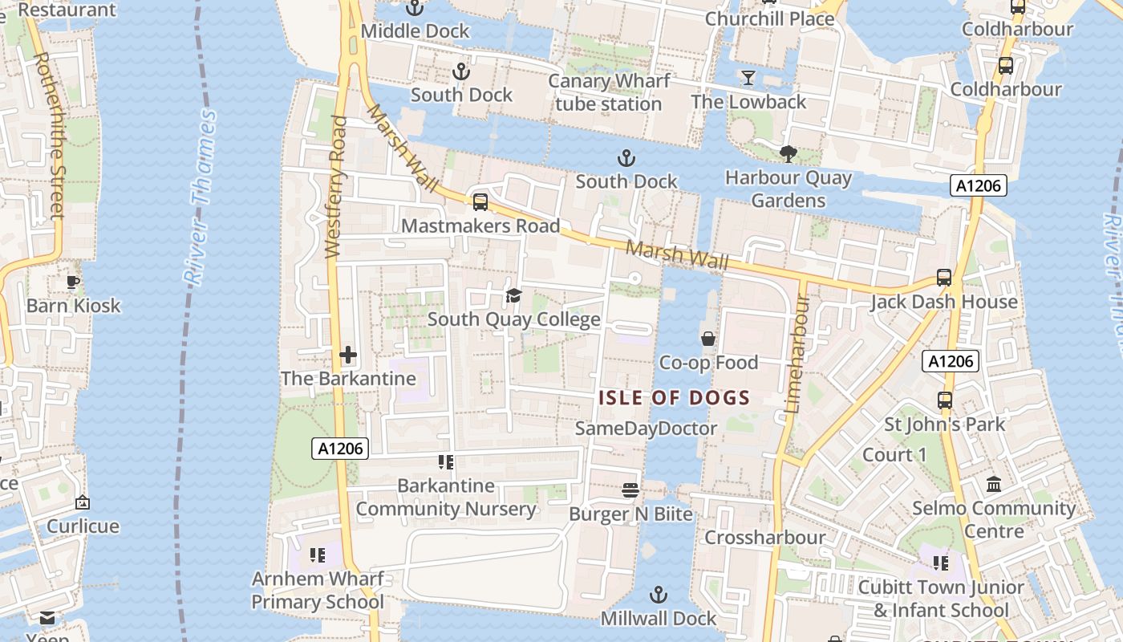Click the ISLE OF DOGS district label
(x=675, y=397)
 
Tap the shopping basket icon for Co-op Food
(x=707, y=339)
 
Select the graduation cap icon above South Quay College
(x=513, y=296)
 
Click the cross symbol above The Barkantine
(x=348, y=355)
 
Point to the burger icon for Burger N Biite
(x=630, y=490)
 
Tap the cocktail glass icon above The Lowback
(x=748, y=78)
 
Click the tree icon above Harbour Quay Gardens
(x=789, y=153)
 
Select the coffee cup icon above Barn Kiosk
(x=73, y=282)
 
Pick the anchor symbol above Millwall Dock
(x=658, y=595)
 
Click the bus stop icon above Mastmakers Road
(x=480, y=202)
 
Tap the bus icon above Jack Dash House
(x=944, y=278)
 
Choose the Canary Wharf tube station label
(x=609, y=92)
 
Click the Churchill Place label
(x=769, y=18)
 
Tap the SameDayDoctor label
(x=646, y=429)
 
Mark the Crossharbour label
(x=764, y=537)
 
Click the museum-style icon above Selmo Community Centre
(x=994, y=485)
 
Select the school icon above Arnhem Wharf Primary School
(x=318, y=555)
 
